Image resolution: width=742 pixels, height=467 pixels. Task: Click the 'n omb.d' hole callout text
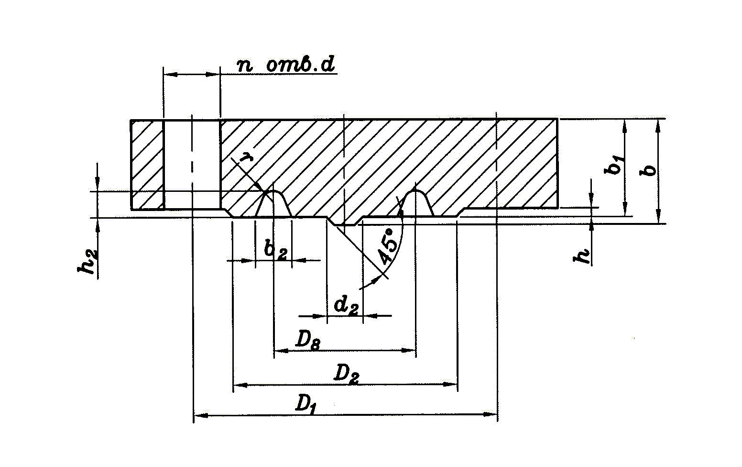tap(286, 65)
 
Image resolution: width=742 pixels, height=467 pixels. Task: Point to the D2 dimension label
tap(346, 374)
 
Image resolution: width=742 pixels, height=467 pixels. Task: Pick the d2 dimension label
tap(346, 306)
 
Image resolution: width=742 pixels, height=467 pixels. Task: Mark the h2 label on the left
tap(87, 262)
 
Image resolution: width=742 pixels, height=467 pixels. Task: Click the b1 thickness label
tap(615, 165)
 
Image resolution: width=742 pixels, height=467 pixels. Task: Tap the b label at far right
tap(650, 170)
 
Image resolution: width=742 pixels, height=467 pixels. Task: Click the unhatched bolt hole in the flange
tap(192, 165)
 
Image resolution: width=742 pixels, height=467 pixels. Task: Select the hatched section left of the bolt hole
tap(147, 165)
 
